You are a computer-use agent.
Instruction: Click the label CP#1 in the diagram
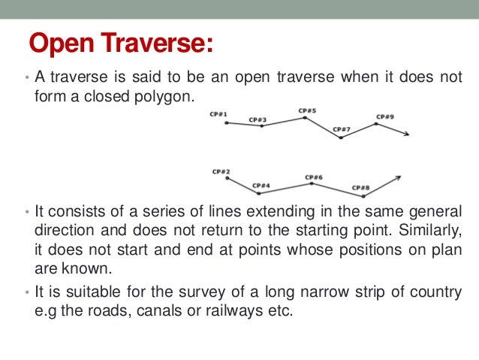click(x=218, y=114)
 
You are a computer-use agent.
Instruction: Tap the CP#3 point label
click(x=258, y=119)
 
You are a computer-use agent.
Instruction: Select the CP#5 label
click(x=307, y=110)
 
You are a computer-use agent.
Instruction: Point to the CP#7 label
click(x=342, y=129)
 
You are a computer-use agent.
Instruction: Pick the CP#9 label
click(x=385, y=116)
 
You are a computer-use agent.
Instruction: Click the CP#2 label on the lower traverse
click(x=221, y=171)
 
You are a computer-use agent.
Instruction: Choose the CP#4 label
click(x=261, y=185)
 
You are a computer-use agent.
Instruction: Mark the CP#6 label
click(x=314, y=177)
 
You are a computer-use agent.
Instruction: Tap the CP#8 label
click(x=360, y=187)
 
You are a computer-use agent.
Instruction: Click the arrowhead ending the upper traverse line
click(x=405, y=134)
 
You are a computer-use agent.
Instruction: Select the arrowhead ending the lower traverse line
click(x=399, y=179)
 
